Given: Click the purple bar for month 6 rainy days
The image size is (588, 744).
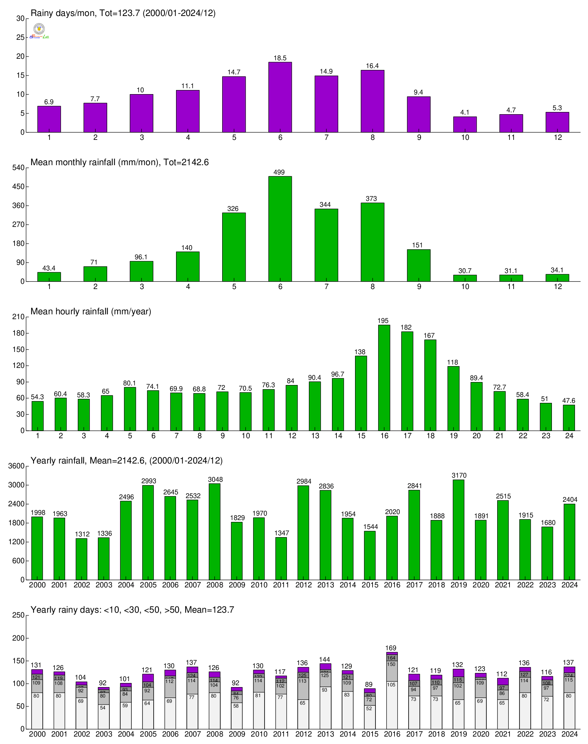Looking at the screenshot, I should click(280, 97).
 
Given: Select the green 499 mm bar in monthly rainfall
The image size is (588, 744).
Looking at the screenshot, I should click(280, 229).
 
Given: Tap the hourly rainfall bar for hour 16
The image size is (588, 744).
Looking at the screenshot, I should click(384, 378).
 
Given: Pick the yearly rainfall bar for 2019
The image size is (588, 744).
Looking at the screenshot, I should click(458, 530).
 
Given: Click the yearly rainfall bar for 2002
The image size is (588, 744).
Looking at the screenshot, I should click(82, 559).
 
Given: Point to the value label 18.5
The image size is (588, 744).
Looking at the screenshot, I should click(280, 58).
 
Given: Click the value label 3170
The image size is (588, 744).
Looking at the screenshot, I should click(459, 475).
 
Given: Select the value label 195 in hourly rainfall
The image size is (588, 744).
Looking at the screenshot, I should click(383, 321).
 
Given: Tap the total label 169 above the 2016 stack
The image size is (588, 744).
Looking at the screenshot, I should click(391, 648).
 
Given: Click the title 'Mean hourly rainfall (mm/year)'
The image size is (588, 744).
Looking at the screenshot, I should click(91, 311).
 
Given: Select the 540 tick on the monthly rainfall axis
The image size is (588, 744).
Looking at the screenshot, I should click(19, 168).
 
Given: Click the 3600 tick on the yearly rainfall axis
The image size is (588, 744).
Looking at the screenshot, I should click(17, 466).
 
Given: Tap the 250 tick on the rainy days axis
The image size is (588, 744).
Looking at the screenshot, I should click(19, 615).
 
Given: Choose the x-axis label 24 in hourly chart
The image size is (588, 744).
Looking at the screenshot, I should click(569, 436).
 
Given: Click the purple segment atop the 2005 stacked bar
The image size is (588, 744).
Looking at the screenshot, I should click(148, 678).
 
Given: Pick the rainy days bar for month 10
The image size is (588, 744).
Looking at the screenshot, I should click(465, 124).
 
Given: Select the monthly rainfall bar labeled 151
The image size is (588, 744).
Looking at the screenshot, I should click(419, 265).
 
